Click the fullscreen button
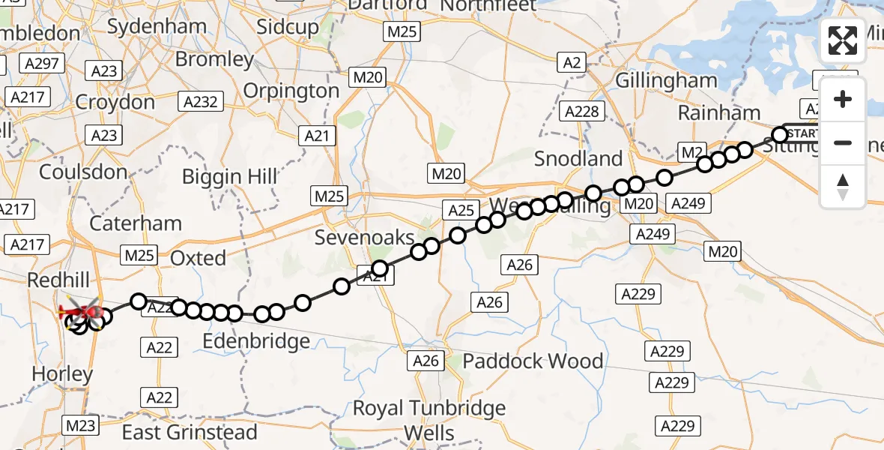[843, 40]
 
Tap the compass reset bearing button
[843, 187]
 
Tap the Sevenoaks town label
[364, 238]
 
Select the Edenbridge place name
[256, 341]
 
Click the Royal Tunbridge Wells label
[429, 420]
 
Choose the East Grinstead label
[190, 432]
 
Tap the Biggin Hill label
[230, 177]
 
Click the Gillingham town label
[666, 80]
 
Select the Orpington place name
[291, 91]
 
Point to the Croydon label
[115, 102]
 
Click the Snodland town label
[578, 159]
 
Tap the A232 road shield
[200, 101]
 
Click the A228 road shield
[582, 112]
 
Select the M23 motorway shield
[81, 426]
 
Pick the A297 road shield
[42, 64]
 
